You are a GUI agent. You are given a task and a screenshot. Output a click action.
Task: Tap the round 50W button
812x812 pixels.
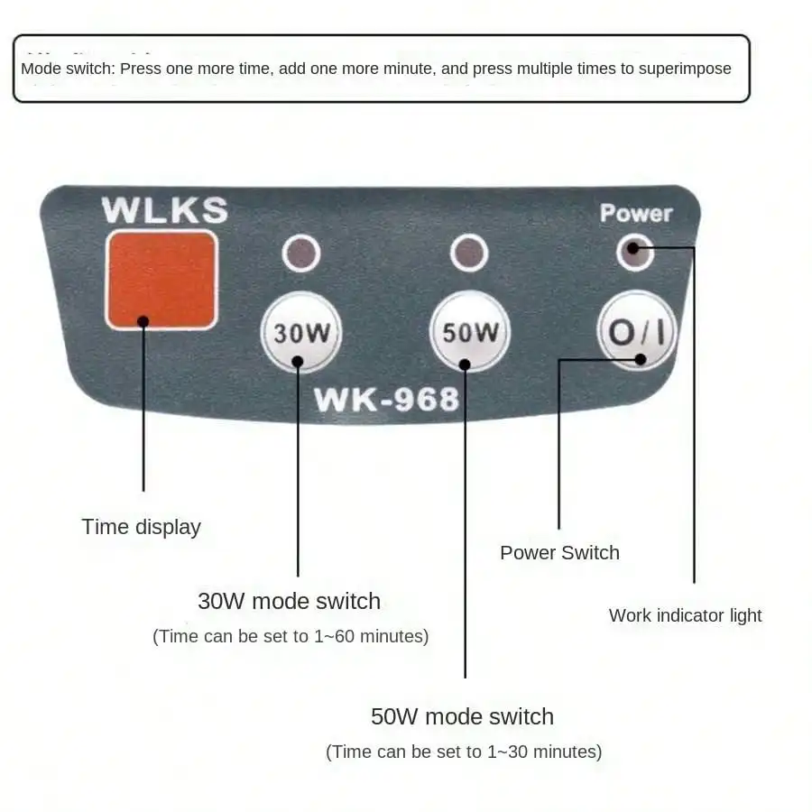coord(469,331)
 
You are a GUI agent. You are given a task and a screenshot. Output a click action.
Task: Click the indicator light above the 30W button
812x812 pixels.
coord(301,254)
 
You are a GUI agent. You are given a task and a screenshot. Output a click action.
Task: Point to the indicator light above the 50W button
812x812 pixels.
coord(468,254)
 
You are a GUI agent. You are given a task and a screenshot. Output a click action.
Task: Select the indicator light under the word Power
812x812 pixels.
coord(634,251)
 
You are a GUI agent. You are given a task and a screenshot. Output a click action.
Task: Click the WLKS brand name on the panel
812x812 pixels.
coord(164,210)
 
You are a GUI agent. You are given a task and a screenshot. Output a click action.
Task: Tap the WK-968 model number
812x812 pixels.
coord(386,400)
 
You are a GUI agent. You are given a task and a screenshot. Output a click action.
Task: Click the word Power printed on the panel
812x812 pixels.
coord(636,214)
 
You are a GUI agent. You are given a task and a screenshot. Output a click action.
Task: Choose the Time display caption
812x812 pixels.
coord(141,527)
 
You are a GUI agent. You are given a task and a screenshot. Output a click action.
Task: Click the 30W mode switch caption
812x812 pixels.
coord(289,601)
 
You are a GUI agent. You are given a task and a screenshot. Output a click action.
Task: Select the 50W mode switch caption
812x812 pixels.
coord(462,716)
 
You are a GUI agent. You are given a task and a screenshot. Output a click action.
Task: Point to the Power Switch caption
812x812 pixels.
coord(559,553)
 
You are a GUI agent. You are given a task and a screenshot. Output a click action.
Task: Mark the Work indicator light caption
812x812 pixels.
coord(685,615)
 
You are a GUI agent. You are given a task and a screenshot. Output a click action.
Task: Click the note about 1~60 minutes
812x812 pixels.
coord(290,636)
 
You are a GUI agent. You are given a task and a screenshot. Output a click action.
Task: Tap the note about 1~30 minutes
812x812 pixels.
coord(463,752)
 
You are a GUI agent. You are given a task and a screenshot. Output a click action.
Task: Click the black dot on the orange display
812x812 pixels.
coord(143,320)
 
